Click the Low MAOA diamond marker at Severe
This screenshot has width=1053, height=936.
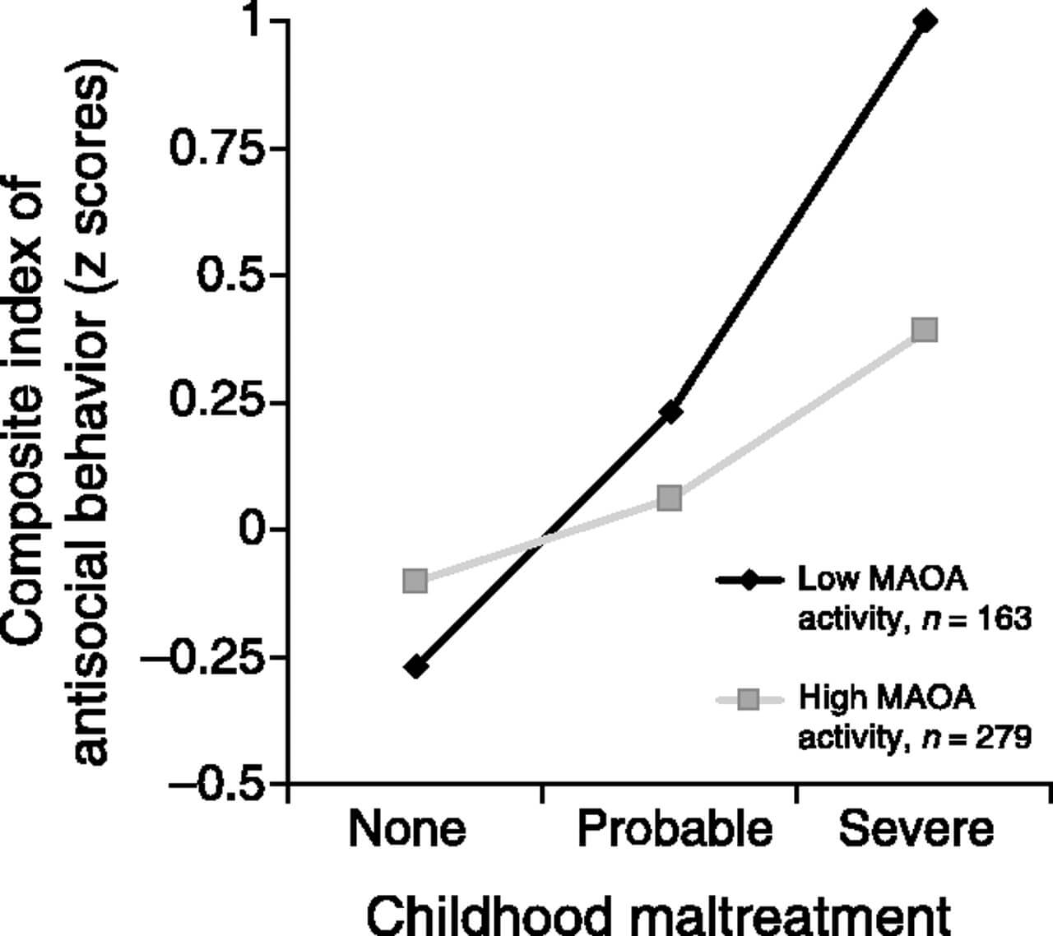click(x=925, y=21)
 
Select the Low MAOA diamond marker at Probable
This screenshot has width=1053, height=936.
click(x=670, y=412)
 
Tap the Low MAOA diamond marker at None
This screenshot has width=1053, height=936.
click(x=415, y=667)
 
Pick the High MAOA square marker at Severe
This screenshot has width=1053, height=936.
click(x=925, y=330)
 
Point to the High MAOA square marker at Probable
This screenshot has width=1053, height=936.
click(x=670, y=498)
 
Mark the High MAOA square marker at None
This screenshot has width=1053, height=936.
click(x=415, y=580)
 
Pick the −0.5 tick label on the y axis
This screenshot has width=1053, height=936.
click(x=214, y=784)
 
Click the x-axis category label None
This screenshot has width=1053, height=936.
click(x=407, y=829)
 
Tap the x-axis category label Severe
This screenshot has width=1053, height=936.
click(x=916, y=829)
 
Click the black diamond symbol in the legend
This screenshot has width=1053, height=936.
click(x=749, y=580)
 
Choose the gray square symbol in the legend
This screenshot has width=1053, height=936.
click(x=749, y=699)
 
